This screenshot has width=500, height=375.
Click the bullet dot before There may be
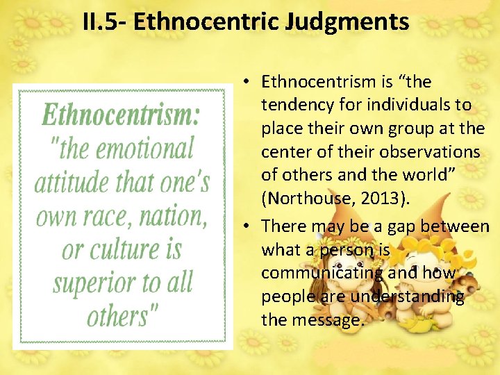[247, 226]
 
